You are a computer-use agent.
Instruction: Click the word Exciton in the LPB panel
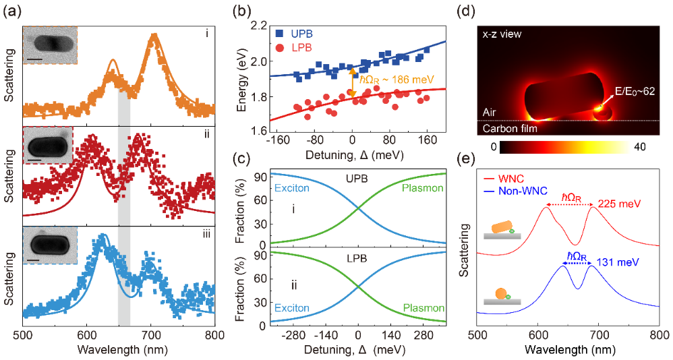click(291, 308)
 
